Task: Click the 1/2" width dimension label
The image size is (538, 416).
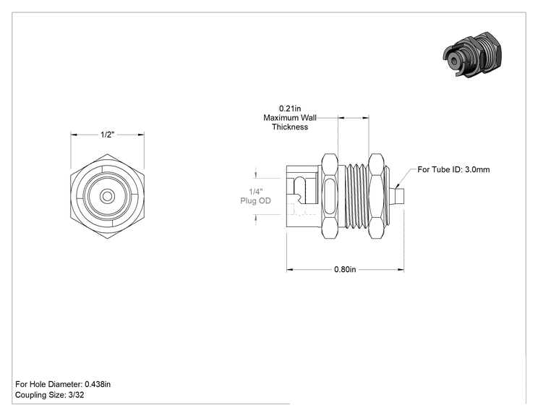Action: click(107, 135)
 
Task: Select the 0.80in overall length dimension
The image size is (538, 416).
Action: click(345, 269)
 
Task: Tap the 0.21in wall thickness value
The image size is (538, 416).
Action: click(290, 109)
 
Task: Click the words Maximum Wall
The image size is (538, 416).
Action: click(290, 118)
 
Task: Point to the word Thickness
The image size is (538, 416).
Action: click(290, 127)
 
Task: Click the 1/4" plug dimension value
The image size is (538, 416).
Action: click(255, 192)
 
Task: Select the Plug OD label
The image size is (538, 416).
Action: click(255, 201)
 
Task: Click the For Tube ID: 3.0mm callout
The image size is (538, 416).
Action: click(453, 169)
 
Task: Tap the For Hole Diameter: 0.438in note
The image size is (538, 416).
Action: click(63, 384)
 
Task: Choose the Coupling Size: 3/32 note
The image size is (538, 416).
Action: click(49, 395)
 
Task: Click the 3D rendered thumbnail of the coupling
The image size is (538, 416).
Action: click(472, 54)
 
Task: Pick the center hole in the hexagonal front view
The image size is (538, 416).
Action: click(108, 196)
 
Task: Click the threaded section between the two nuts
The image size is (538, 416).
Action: click(356, 195)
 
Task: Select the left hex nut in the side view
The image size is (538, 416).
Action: click(330, 196)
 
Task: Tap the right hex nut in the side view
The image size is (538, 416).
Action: click(376, 196)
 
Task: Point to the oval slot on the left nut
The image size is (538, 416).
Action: click(330, 196)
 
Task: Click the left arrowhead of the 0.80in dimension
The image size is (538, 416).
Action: click(290, 270)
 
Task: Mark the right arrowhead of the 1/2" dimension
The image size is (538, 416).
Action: click(141, 135)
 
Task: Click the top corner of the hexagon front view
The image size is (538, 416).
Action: click(108, 154)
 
